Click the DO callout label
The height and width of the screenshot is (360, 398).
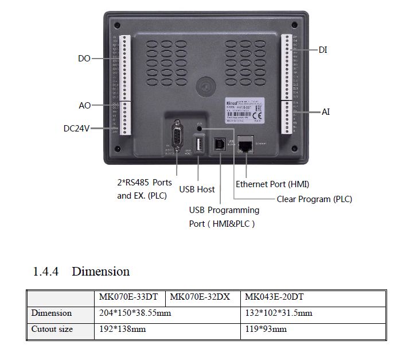pos(84,59)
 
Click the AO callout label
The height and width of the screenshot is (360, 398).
pos(84,106)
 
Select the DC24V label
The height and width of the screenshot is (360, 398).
pos(76,129)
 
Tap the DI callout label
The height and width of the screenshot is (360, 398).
pos(323,51)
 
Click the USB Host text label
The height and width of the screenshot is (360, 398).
pos(197,189)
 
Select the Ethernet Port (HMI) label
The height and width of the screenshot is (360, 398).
pos(272,184)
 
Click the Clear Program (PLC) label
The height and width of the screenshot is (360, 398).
pos(314,199)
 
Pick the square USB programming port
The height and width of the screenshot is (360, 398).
pos(220,144)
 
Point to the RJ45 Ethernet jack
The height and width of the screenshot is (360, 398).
pos(246,144)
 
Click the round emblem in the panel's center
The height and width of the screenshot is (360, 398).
pos(204,87)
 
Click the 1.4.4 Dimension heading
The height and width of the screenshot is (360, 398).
pos(81,271)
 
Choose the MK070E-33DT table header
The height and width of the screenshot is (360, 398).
pos(129,297)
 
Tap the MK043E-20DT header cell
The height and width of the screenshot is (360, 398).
pos(274,297)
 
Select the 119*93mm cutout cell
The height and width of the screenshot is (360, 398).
pos(266,330)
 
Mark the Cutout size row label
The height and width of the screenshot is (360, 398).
pos(52,330)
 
